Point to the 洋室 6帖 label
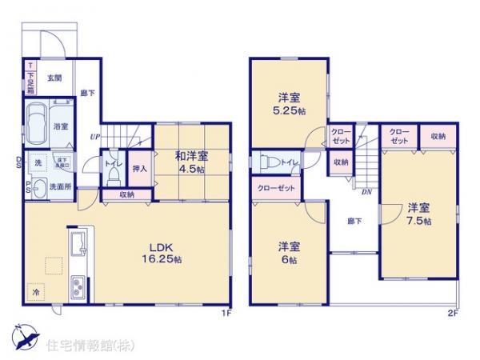(x=288, y=252)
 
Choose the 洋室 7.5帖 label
(x=418, y=210)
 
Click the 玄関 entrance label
(x=54, y=78)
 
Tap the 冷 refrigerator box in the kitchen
(x=35, y=293)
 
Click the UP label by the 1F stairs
(x=95, y=136)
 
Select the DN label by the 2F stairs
(x=366, y=193)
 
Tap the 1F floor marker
(x=226, y=312)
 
